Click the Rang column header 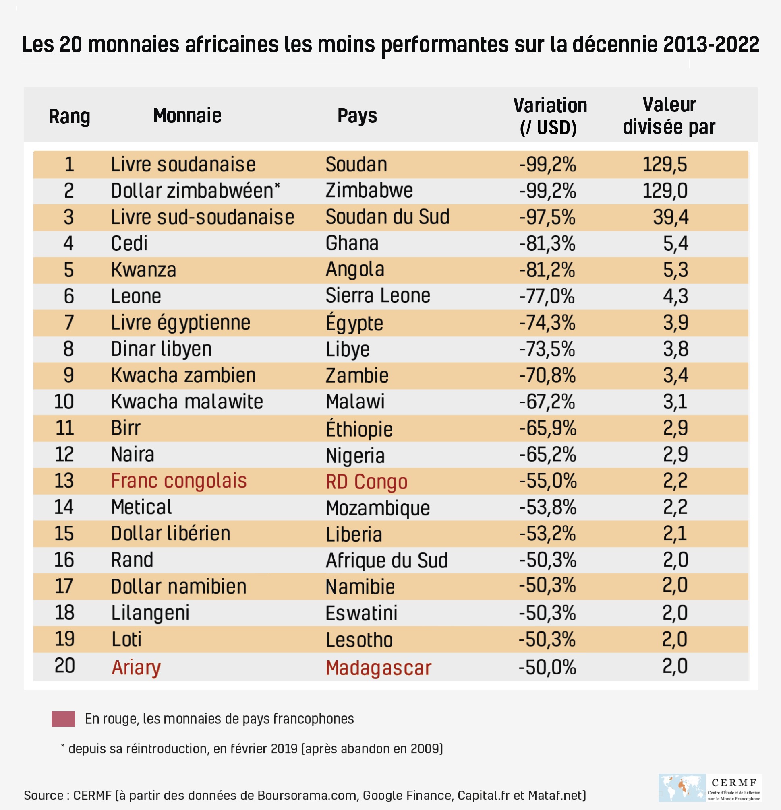(x=70, y=117)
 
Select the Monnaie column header (x=187, y=116)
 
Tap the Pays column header (x=357, y=116)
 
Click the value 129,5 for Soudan (x=664, y=165)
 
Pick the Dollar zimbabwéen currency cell (x=195, y=191)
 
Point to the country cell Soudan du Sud (x=387, y=217)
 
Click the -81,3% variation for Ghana (x=547, y=243)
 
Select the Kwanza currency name (x=143, y=270)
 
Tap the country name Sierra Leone (x=378, y=296)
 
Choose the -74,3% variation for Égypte (x=547, y=322)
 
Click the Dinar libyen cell (x=162, y=349)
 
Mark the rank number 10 (x=64, y=402)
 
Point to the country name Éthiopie (x=359, y=429)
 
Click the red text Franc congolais (x=179, y=481)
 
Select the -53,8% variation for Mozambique (x=548, y=507)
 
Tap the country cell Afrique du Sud (x=387, y=561)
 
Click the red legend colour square (x=63, y=719)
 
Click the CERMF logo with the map (x=709, y=788)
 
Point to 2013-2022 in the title (x=711, y=45)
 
